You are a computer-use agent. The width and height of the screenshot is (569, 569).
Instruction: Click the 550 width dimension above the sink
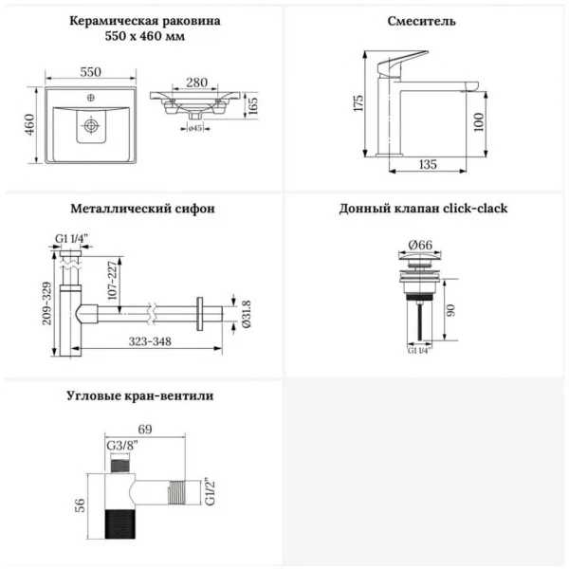(90, 72)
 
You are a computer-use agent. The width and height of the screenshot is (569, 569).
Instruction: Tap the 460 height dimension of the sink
(29, 124)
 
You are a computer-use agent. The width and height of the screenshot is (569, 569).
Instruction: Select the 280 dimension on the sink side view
(196, 83)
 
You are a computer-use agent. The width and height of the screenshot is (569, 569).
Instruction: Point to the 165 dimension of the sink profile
(253, 105)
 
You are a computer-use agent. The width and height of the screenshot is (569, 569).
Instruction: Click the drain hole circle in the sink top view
(91, 125)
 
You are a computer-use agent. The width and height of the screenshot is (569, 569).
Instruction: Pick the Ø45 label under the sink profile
(194, 128)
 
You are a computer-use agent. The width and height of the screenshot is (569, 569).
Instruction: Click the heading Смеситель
(421, 21)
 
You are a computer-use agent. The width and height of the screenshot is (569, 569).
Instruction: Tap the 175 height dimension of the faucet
(358, 103)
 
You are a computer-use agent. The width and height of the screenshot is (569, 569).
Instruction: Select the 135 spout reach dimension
(428, 164)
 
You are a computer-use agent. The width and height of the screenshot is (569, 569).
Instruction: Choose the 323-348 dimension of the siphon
(150, 341)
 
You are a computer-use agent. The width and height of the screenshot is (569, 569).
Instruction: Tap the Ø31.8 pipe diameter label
(246, 314)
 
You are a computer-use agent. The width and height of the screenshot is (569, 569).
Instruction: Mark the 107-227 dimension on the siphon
(113, 280)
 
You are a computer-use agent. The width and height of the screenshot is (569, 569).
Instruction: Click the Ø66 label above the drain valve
(420, 245)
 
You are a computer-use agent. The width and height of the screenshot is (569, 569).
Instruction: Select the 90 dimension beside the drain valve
(450, 310)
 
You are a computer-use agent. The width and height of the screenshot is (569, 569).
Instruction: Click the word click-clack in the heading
(475, 209)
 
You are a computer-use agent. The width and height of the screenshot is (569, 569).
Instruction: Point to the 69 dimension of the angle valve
(145, 430)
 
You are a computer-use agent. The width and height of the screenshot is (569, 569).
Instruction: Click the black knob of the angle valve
(120, 524)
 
